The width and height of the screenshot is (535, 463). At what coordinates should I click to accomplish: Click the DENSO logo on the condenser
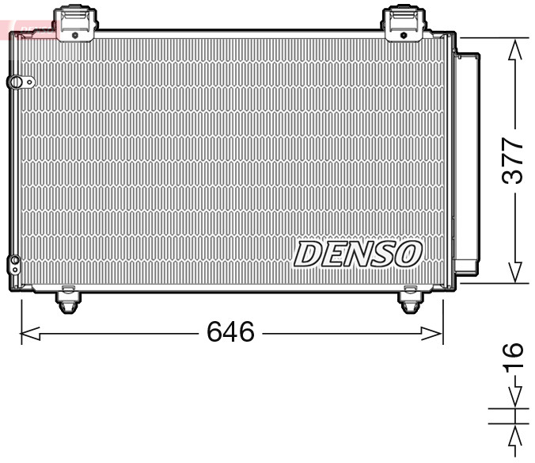(x=358, y=254)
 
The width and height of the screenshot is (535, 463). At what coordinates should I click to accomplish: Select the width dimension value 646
(x=230, y=331)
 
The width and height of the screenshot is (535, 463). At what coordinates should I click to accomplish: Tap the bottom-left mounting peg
(x=68, y=300)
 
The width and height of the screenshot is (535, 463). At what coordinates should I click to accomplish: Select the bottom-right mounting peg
(x=409, y=301)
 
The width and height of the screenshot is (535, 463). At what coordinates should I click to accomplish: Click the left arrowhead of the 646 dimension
(x=28, y=334)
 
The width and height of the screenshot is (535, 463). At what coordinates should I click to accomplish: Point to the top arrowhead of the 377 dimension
(x=515, y=49)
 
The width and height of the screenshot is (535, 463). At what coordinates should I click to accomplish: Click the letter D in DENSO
(x=307, y=254)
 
